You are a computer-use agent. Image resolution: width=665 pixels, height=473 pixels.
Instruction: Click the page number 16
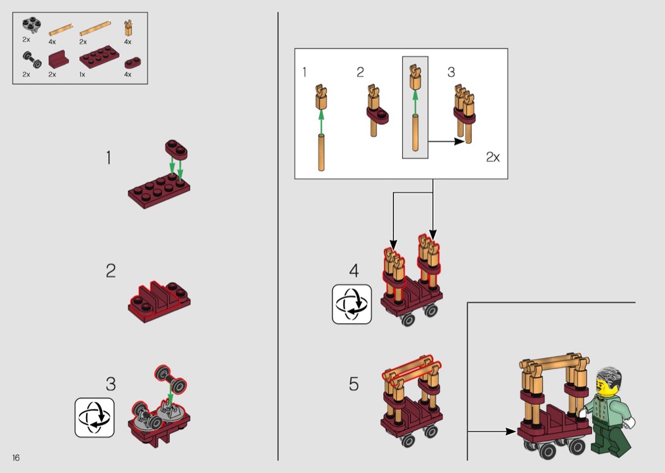coord(16,457)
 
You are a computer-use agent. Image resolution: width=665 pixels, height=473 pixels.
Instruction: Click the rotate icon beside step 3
coord(94,417)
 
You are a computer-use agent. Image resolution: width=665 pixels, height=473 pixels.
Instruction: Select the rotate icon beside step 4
coord(352,304)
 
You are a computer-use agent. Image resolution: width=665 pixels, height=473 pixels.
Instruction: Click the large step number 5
coord(353,384)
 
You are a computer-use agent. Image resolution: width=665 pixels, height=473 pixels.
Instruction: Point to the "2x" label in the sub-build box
coord(493,157)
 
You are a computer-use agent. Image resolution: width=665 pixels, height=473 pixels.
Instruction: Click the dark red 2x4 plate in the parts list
coord(99,56)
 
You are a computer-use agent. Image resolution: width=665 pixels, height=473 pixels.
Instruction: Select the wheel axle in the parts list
coord(32,60)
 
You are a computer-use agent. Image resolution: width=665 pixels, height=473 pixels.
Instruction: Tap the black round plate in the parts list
coord(32,25)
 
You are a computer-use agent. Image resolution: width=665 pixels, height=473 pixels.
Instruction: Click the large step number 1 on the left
coord(109,157)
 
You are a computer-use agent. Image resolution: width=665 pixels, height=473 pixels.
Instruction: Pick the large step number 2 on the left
coord(111,271)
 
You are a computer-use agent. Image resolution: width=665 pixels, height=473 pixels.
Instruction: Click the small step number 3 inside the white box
coord(451,72)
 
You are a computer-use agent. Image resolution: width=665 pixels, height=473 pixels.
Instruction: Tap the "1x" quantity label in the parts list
coord(82,74)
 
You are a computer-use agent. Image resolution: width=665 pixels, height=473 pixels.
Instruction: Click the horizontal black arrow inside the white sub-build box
coord(446,141)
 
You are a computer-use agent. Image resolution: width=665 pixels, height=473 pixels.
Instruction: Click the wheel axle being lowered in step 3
coord(171,379)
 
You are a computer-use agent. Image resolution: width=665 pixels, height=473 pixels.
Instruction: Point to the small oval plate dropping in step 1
coord(177,150)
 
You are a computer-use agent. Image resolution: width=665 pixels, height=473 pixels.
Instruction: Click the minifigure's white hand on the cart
coord(583,412)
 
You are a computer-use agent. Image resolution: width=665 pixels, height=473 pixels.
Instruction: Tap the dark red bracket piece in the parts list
coord(58,59)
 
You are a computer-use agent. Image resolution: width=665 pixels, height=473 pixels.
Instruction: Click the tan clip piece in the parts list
coord(128,28)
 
